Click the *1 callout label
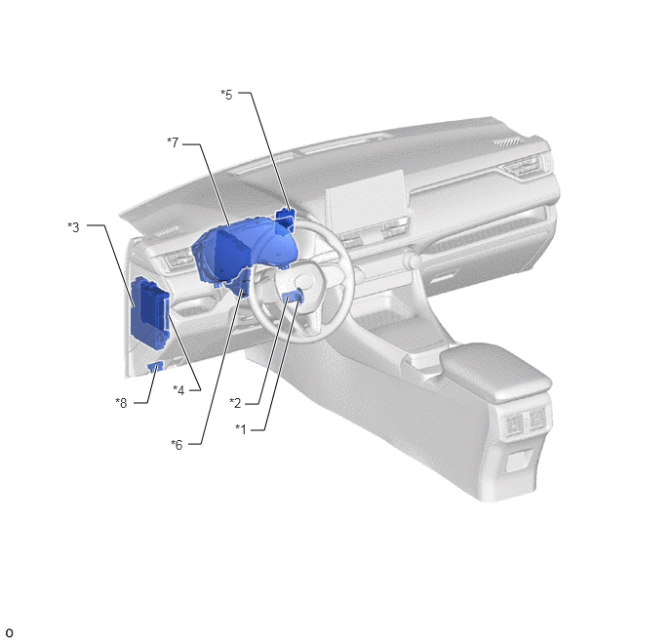pos(241,429)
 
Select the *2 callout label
pos(235,403)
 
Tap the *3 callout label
pos(73,226)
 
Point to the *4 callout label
pos(178,390)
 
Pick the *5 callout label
pos(227,95)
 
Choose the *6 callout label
pos(177,445)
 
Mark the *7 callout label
pos(173,142)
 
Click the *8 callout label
pos(122,403)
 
